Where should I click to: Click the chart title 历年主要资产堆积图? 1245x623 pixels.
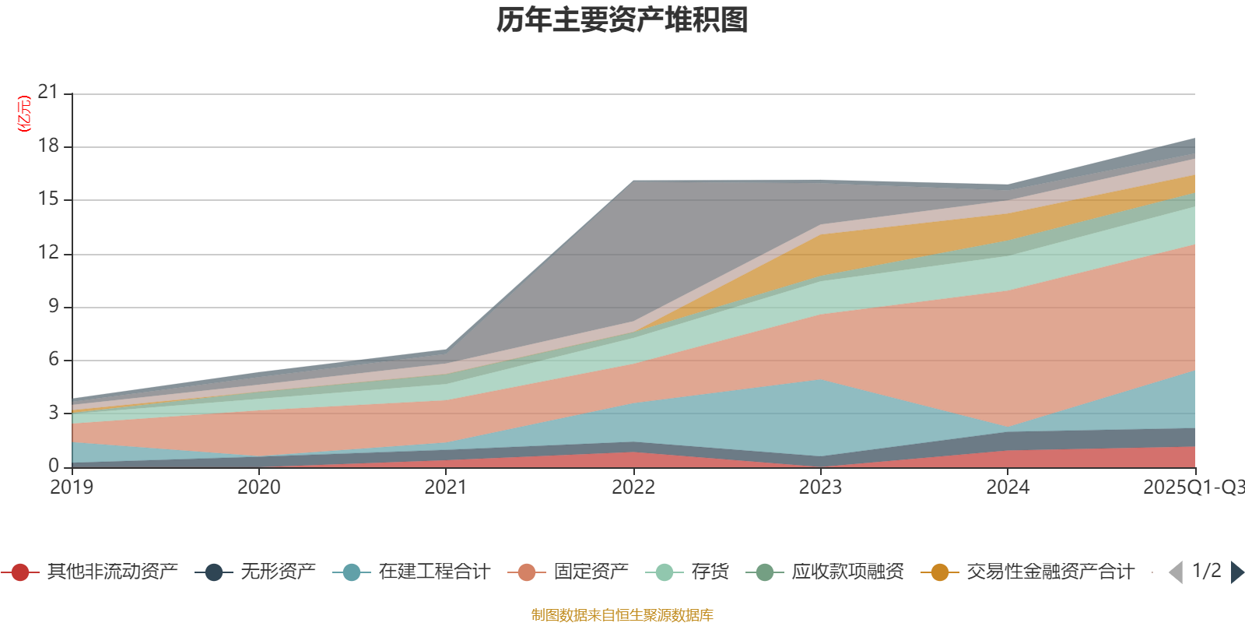622,20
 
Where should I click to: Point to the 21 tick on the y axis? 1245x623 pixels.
48,92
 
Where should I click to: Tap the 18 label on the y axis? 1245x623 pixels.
48,146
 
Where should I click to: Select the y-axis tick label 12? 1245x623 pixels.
48,252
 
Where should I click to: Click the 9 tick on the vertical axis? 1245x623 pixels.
53,306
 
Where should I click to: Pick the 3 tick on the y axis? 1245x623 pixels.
53,412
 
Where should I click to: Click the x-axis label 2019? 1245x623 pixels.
72,487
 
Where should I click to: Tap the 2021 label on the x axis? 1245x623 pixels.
446,487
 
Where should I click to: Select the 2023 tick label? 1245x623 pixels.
820,487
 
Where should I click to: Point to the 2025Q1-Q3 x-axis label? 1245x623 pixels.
1192,487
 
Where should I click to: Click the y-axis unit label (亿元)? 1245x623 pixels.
24,114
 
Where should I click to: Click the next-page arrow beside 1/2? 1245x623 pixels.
1236,572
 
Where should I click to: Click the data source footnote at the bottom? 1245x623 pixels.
622,615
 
